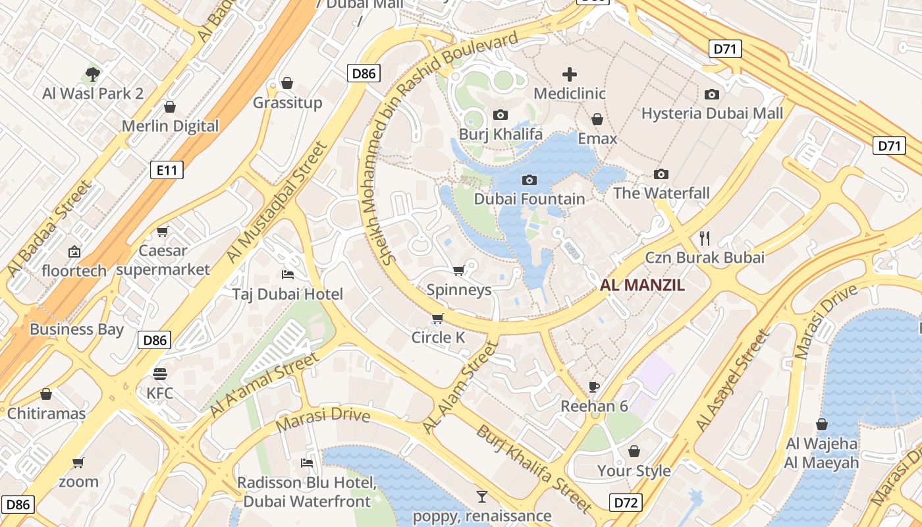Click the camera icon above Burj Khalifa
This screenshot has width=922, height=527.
[501, 115]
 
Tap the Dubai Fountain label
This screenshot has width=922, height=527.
[529, 199]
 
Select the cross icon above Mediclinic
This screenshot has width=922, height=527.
[570, 74]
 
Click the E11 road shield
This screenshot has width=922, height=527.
[167, 171]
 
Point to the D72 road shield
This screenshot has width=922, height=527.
[626, 503]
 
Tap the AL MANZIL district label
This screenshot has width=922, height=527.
[642, 285]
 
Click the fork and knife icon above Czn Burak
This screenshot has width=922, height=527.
[705, 238]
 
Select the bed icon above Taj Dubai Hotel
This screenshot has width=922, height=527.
[288, 274]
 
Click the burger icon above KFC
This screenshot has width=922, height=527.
[160, 374]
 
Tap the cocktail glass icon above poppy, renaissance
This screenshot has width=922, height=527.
[482, 496]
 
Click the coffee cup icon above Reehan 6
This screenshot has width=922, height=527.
[594, 387]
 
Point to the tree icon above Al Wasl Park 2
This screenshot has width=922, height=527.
[93, 74]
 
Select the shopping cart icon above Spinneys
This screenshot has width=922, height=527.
[459, 270]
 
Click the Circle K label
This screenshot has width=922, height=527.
[438, 338]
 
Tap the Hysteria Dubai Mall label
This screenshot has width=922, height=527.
[712, 113]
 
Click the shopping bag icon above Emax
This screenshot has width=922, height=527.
[597, 119]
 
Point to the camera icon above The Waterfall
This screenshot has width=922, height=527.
[661, 174]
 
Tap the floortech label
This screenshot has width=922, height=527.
[74, 271]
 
